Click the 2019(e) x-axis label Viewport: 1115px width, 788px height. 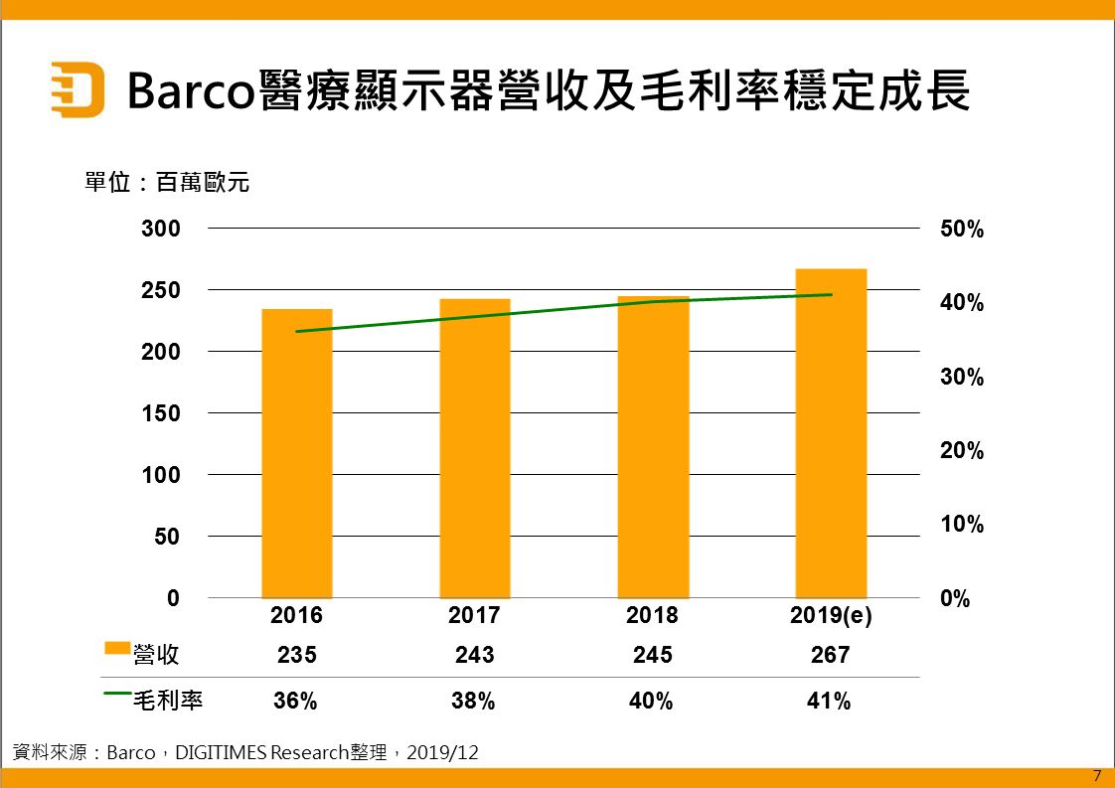click(831, 616)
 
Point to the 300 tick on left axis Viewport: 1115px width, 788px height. click(160, 230)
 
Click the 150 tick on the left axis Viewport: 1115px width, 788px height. click(160, 413)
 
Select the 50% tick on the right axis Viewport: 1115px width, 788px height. click(961, 230)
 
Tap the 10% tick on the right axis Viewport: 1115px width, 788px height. click(961, 525)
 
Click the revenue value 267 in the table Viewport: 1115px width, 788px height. click(831, 655)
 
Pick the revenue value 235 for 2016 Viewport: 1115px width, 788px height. click(296, 655)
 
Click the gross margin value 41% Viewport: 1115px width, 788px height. click(830, 701)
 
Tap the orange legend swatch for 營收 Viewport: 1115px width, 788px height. click(117, 649)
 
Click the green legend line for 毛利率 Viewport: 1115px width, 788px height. click(117, 695)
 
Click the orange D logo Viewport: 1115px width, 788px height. click(77, 90)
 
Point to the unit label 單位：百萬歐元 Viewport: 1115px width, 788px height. click(166, 183)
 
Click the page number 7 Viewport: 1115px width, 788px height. click(1096, 776)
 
